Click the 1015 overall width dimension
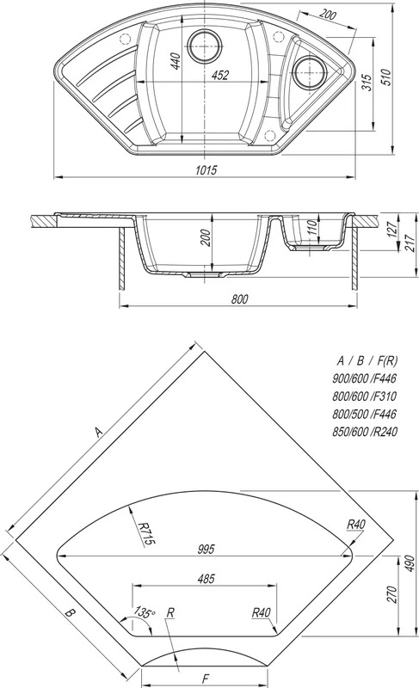[206, 169]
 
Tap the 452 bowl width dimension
[219, 76]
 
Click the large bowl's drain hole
[204, 46]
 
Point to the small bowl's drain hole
[310, 72]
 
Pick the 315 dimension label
[367, 83]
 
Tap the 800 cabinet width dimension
[239, 299]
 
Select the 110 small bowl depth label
[311, 229]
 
